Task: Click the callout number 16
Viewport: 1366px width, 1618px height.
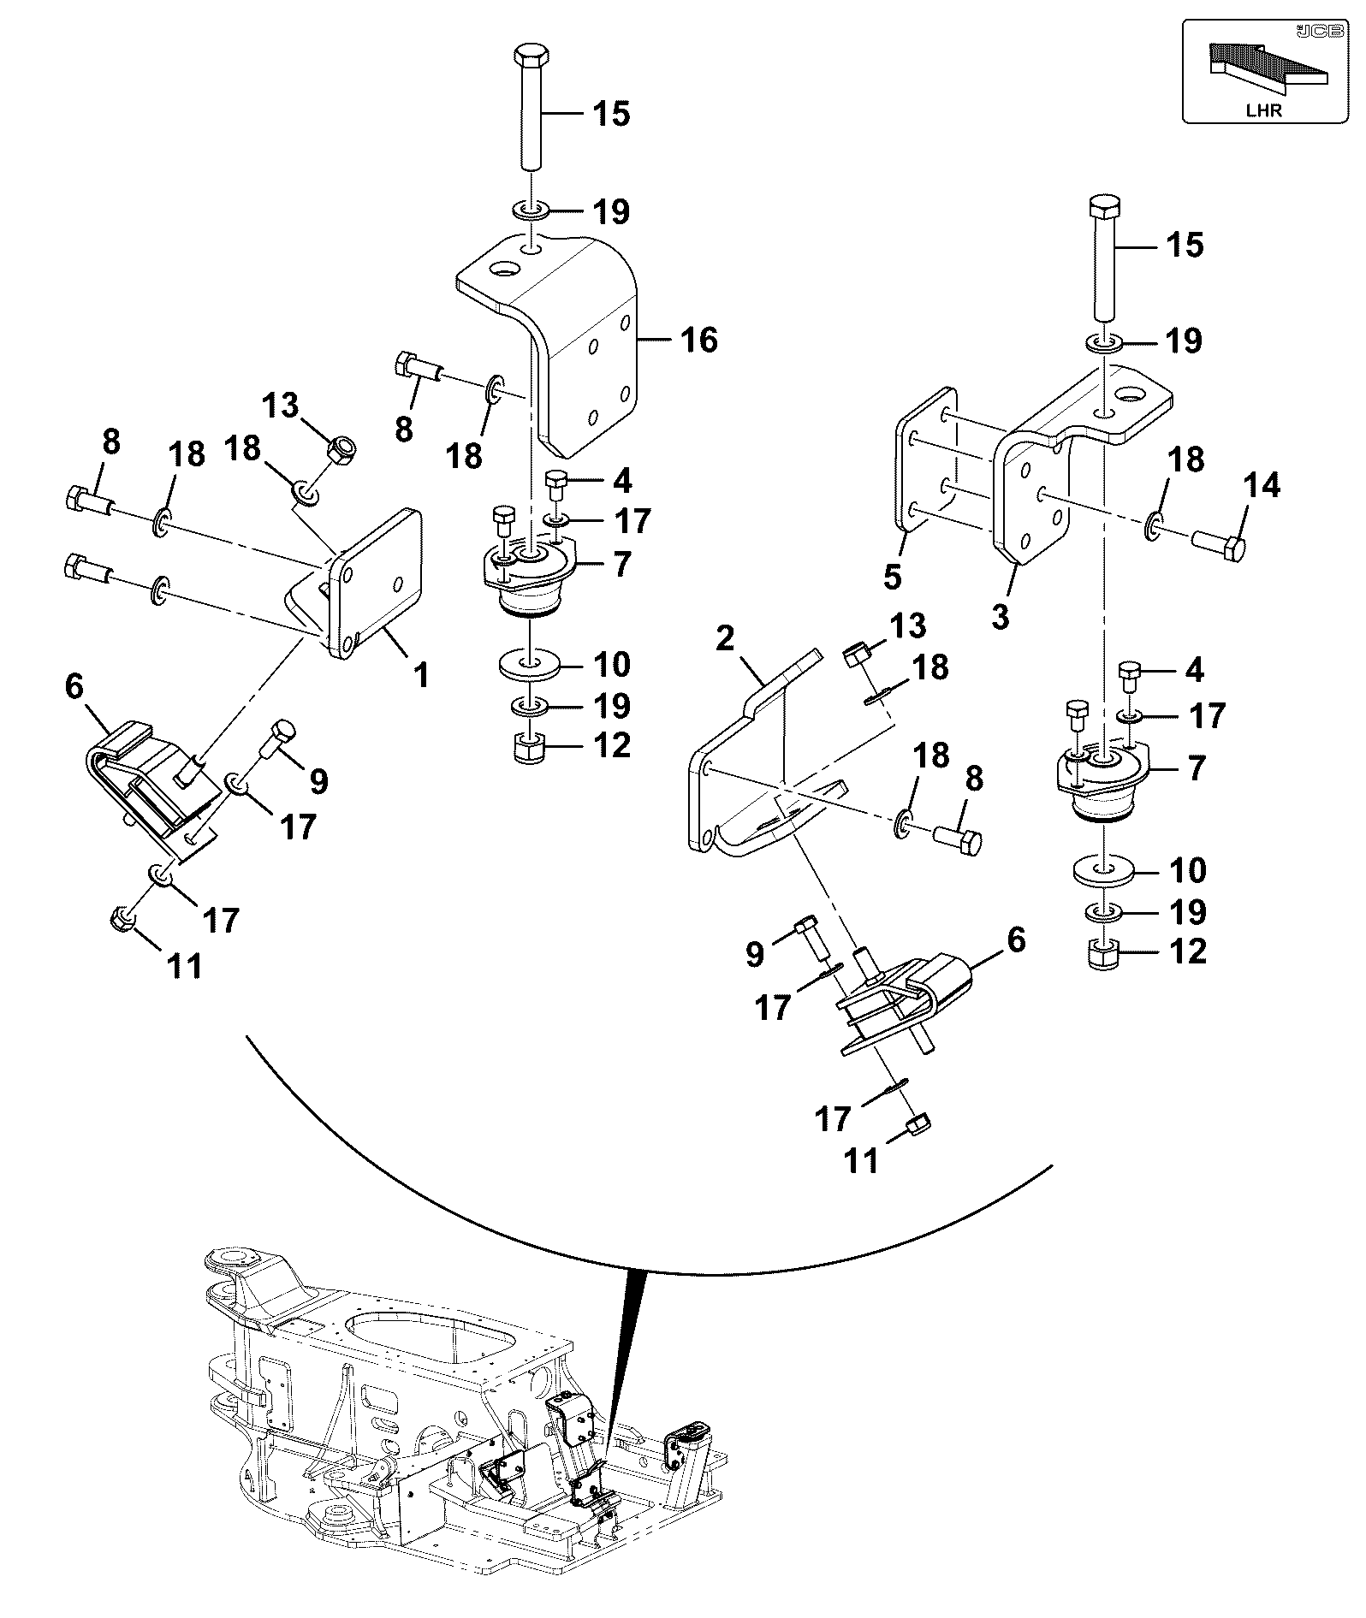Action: coord(699,340)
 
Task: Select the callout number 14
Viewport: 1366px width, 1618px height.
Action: coord(1262,485)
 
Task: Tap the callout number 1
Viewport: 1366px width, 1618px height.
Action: coord(421,675)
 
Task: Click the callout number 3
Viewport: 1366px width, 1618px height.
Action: coord(1001,615)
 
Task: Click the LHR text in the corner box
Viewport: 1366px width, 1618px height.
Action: coord(1264,110)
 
